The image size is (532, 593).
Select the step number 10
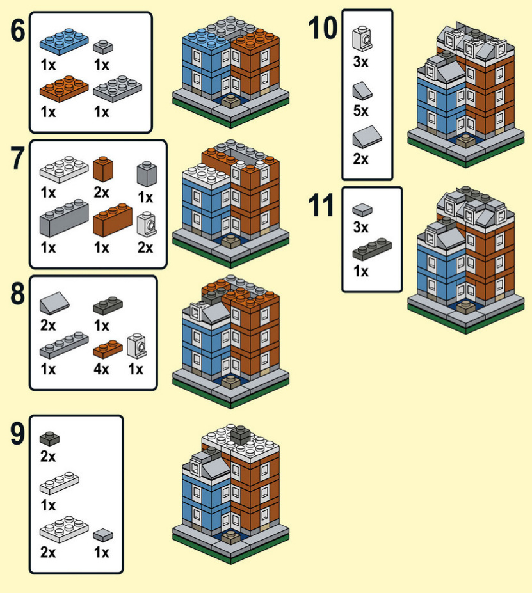pyautogui.click(x=323, y=28)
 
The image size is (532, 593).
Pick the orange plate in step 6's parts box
pyautogui.click(x=64, y=86)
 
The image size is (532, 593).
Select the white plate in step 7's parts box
pyautogui.click(x=65, y=169)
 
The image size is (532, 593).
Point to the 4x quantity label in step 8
pyautogui.click(x=101, y=369)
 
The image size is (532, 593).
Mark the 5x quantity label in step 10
pyautogui.click(x=361, y=111)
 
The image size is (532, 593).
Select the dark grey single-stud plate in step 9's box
pyautogui.click(x=49, y=438)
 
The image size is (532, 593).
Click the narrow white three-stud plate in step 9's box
pyautogui.click(x=60, y=483)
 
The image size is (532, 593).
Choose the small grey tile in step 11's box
pyautogui.click(x=362, y=209)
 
